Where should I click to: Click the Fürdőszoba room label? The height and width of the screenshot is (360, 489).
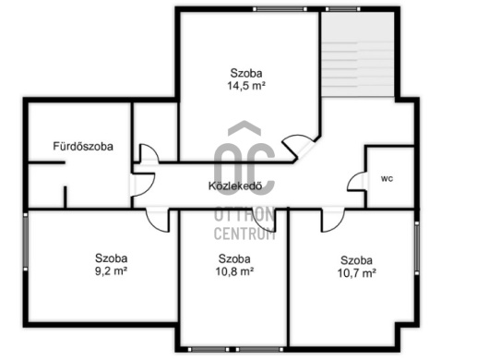pos(83,147)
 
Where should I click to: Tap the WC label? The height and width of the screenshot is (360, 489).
pos(387,179)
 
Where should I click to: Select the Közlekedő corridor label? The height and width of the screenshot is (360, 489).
pos(235,186)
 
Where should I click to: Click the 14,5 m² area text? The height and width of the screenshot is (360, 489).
pos(246,86)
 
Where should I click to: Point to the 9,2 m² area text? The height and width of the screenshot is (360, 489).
pos(111,270)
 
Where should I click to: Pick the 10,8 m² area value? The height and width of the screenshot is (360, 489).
pos(234,271)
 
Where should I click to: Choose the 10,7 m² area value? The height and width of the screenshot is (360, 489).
pos(356,273)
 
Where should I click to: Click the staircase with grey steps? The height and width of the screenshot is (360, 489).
pos(357,54)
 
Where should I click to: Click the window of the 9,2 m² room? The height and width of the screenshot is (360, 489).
pos(26,242)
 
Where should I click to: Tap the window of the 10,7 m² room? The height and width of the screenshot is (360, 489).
pos(417,248)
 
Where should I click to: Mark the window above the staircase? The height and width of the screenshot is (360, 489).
pos(342,9)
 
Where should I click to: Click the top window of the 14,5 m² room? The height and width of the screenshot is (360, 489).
pos(280,9)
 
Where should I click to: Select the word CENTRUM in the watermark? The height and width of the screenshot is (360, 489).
pos(244,233)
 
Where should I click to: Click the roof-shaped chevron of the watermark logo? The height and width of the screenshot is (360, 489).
pos(244,127)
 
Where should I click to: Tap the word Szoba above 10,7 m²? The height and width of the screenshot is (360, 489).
pos(356,260)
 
